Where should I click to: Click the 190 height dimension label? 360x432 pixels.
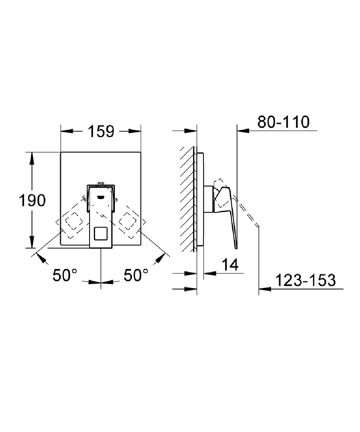[x=32, y=201]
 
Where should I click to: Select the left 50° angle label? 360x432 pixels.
[x=65, y=275]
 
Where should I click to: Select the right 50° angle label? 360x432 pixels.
[x=136, y=275]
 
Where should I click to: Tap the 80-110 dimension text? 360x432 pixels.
[x=283, y=122]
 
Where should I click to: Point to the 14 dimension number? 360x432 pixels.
[x=229, y=265]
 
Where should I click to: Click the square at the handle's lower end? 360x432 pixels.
[x=100, y=234]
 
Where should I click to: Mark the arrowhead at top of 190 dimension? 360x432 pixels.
[x=32, y=157]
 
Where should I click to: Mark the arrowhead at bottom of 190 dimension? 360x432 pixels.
[x=32, y=243]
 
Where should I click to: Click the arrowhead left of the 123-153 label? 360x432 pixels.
[x=264, y=288]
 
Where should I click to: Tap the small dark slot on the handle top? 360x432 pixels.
[x=100, y=197]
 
